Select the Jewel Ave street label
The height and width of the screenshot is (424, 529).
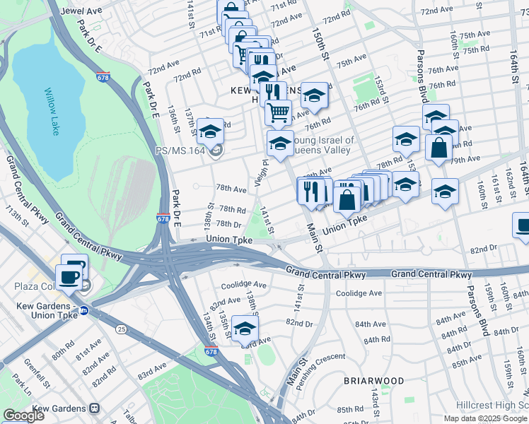pos(83,11)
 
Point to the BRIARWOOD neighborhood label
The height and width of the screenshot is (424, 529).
pos(374,381)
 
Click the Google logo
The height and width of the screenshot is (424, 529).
pos(23,416)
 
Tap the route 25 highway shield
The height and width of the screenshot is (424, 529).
pos(122,329)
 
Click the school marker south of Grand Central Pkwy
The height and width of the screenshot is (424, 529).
pos(245,328)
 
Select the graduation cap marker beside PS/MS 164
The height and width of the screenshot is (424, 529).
pos(210,131)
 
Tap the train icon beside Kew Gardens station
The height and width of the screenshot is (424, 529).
pos(93,408)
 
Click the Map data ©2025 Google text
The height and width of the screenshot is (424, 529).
pos(486,418)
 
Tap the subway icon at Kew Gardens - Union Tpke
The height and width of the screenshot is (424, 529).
pos(83,310)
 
